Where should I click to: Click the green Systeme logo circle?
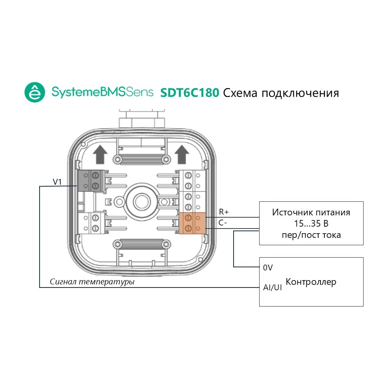(35, 92)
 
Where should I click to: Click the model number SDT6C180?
(190, 93)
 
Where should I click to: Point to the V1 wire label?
(57, 182)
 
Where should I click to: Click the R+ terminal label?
(224, 212)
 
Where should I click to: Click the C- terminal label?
(223, 223)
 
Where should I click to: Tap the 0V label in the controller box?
(268, 267)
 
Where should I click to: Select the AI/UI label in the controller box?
(272, 287)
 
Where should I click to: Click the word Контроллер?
(311, 282)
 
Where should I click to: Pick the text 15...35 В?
(311, 223)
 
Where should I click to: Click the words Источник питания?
(311, 212)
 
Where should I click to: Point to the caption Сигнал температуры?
(92, 282)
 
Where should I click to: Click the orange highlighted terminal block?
(192, 223)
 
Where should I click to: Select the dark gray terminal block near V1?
(91, 181)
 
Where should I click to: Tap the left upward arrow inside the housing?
(100, 154)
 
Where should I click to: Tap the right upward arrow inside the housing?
(182, 154)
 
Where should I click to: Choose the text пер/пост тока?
(311, 235)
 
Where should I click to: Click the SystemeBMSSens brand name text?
(102, 92)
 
